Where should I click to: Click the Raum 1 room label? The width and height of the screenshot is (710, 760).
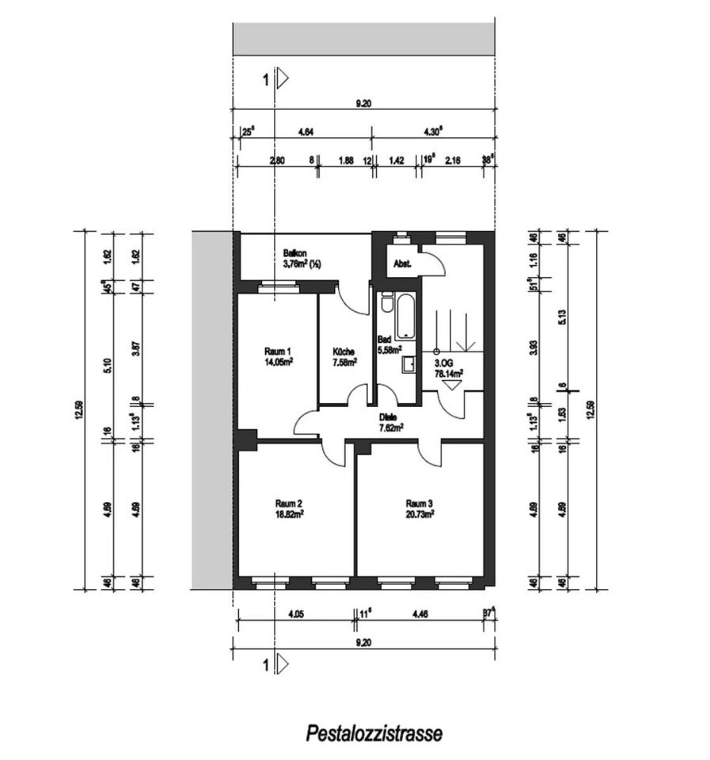coord(278,352)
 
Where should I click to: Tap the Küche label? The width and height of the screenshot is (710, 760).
coord(344,351)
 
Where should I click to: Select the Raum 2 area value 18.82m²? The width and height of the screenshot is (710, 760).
coord(290,513)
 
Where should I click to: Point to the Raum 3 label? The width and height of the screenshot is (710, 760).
coord(420,503)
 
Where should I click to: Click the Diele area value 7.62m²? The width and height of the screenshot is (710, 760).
coord(391,427)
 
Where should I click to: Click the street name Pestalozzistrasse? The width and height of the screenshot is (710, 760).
coord(374,733)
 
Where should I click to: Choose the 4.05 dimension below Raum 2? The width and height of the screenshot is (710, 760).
coord(296,613)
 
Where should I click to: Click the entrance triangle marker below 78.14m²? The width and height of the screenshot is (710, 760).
coord(452,385)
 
